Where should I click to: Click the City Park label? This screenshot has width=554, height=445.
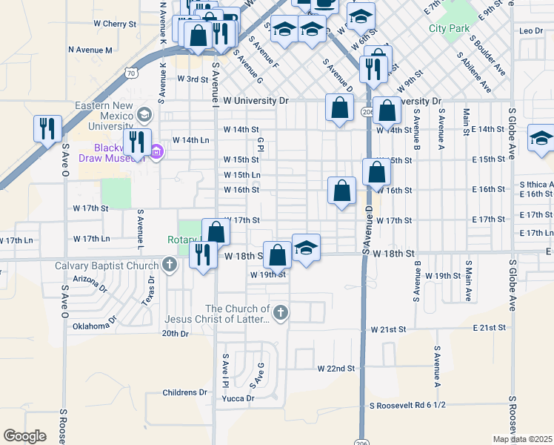point(449,29)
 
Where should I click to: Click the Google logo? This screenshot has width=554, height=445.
point(24,436)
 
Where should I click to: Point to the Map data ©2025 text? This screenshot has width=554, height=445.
point(521,439)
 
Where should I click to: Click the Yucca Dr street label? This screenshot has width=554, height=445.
point(238,398)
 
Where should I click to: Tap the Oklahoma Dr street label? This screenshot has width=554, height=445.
point(95,324)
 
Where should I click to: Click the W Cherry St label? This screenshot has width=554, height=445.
point(115,24)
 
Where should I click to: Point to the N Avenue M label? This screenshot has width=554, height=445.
point(90,50)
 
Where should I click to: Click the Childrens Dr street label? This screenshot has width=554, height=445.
point(184,392)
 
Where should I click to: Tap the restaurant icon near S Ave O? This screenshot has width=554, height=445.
point(47,128)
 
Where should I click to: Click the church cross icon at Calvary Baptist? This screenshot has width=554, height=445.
point(170,264)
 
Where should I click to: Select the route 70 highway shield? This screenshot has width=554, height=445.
point(130,73)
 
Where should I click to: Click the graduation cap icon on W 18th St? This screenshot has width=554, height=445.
point(305,247)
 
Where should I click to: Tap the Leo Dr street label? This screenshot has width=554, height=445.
point(531,30)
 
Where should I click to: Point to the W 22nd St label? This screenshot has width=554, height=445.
point(336,368)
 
